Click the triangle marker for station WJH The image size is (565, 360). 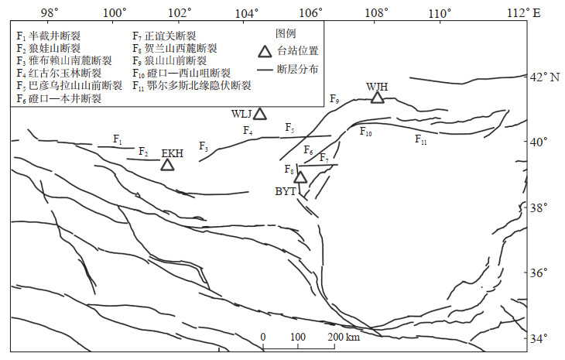(x=377, y=97)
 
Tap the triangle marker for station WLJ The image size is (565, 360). (x=260, y=114)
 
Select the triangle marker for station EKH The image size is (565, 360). (x=167, y=164)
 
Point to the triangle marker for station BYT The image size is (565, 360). (x=300, y=177)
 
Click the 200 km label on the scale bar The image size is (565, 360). (x=342, y=338)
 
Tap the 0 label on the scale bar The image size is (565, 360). (x=263, y=338)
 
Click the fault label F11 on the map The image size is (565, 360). (x=420, y=140)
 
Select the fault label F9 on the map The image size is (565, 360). (x=334, y=99)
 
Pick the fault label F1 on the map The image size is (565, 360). (x=118, y=139)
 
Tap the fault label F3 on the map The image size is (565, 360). (x=204, y=146)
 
